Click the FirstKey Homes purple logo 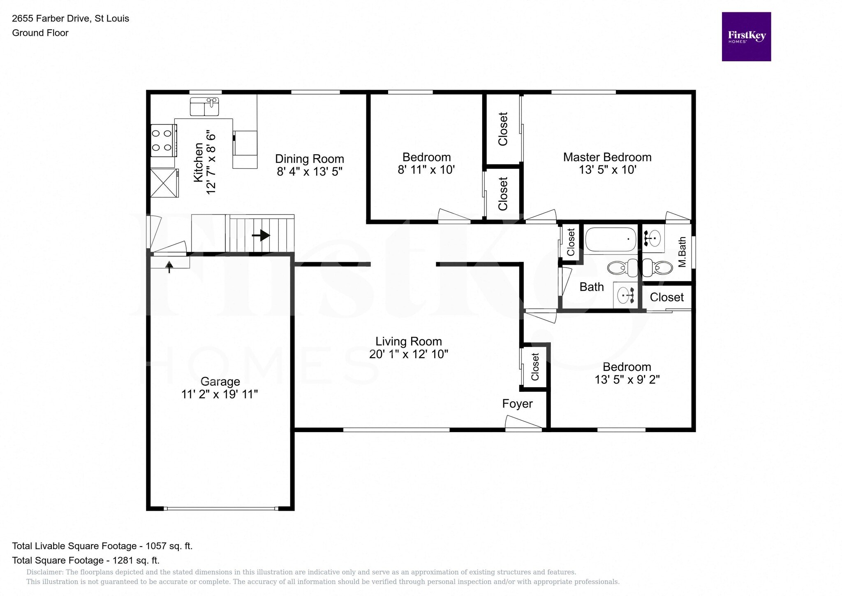pos(746,37)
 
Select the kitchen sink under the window pos(204,107)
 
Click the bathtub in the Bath pos(610,239)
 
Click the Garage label pos(220,382)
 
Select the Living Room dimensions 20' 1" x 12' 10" pos(408,354)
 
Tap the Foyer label pos(517,404)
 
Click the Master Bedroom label pos(607,157)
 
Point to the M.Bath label pos(682,251)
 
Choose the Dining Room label pos(309,159)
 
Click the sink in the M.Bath pos(653,238)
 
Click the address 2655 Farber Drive pos(51,19)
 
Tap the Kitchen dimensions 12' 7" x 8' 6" pos(211,164)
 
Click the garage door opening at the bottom pos(221,509)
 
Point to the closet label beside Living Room pos(535,367)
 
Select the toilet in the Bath pos(620,268)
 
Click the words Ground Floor pos(40,33)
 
